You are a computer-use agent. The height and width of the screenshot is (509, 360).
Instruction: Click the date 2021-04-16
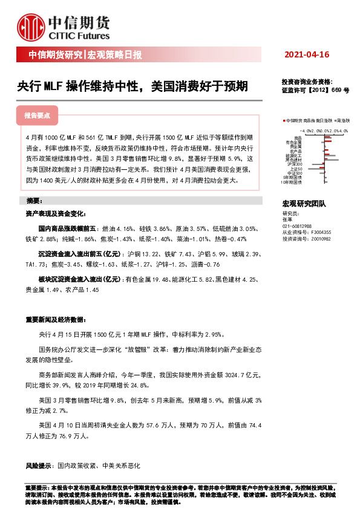point(307,55)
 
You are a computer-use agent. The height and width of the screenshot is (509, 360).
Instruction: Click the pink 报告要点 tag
point(38,115)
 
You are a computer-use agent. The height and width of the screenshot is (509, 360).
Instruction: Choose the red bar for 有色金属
point(329,141)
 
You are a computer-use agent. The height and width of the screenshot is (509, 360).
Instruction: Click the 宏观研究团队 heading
point(304,205)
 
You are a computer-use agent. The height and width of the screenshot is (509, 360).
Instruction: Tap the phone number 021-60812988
point(297,226)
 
